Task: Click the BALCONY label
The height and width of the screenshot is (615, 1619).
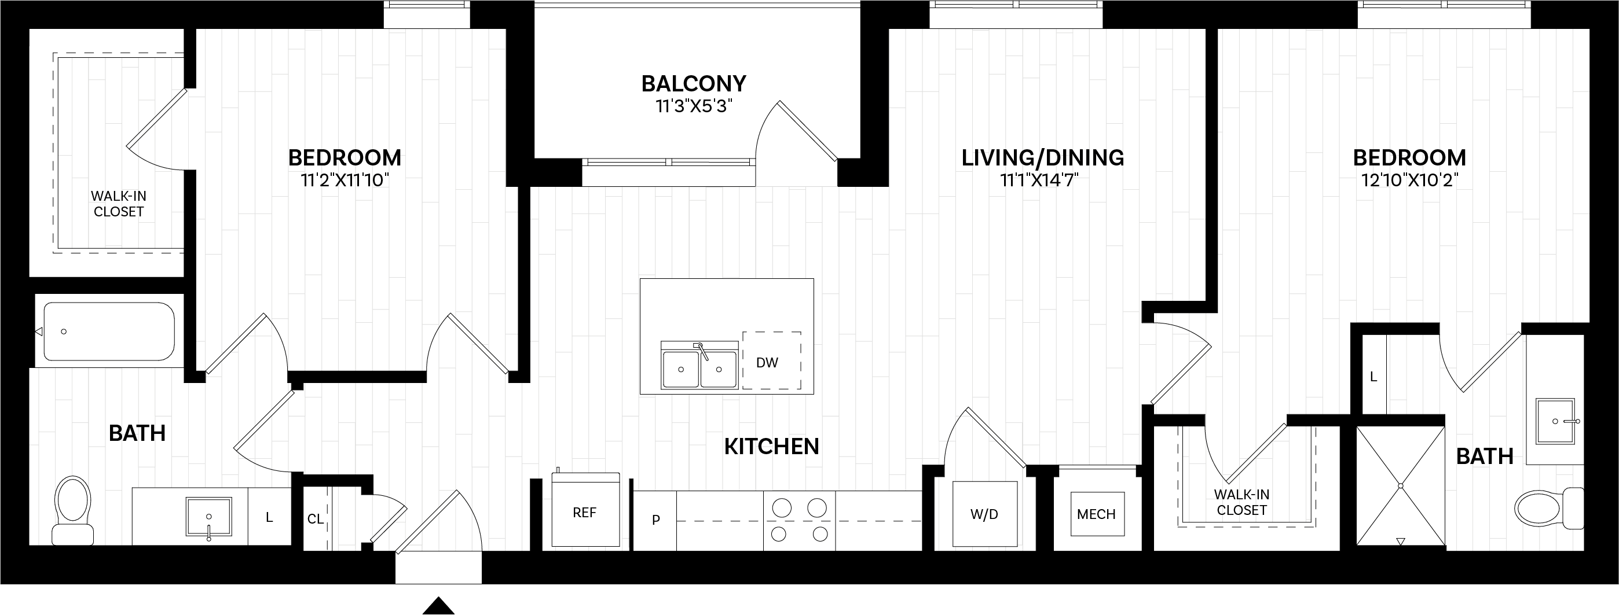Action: (x=693, y=83)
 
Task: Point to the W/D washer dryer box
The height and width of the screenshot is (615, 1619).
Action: (x=984, y=514)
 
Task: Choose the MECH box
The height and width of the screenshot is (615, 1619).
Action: (x=1096, y=514)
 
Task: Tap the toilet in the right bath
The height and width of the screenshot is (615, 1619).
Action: (x=1546, y=507)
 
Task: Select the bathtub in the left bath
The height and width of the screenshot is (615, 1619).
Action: (x=109, y=332)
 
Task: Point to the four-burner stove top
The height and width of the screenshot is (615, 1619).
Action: (x=800, y=520)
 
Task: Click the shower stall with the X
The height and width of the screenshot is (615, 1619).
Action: (x=1400, y=485)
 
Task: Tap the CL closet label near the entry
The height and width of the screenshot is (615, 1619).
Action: (x=315, y=519)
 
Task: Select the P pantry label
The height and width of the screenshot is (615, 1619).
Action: (x=655, y=520)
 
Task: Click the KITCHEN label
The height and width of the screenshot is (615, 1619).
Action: (x=771, y=447)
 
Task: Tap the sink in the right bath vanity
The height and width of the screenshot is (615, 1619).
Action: (x=1555, y=421)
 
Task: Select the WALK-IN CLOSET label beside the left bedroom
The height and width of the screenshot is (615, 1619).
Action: (x=118, y=204)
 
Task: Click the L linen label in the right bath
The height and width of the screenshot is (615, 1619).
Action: (x=1373, y=377)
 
